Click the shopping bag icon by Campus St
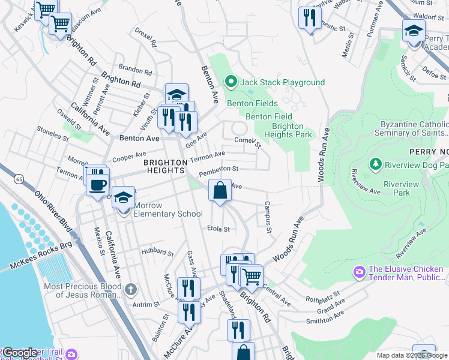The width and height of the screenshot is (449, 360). click(220, 191)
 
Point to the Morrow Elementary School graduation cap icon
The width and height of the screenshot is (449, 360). click(123, 197)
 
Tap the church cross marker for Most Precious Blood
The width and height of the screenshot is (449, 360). click(131, 290)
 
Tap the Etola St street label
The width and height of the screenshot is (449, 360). click(218, 229)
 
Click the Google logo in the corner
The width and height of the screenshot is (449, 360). click(20, 353)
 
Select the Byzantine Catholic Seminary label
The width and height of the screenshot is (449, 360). click(414, 128)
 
